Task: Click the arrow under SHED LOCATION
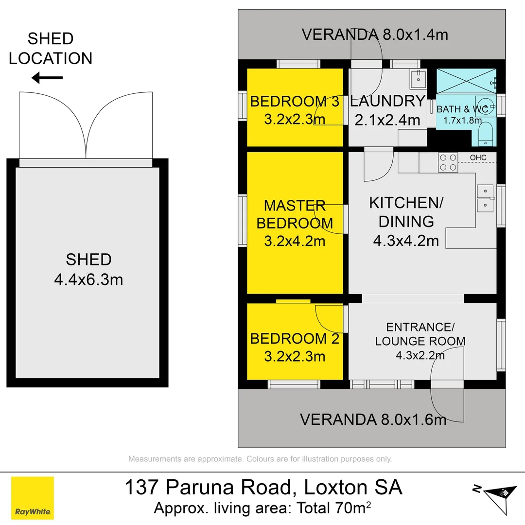click(47, 77)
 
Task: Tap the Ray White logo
click(33, 498)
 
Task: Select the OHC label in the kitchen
click(478, 157)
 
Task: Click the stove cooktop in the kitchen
click(448, 162)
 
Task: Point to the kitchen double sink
click(485, 198)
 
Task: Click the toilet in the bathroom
click(486, 134)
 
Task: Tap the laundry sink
click(418, 78)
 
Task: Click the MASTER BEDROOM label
click(295, 214)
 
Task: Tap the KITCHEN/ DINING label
click(406, 212)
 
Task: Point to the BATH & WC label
click(462, 109)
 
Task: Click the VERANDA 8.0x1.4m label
click(374, 35)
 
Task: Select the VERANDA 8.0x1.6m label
click(373, 419)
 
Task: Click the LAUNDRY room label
click(387, 102)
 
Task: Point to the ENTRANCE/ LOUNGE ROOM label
click(420, 334)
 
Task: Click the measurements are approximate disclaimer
click(260, 459)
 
